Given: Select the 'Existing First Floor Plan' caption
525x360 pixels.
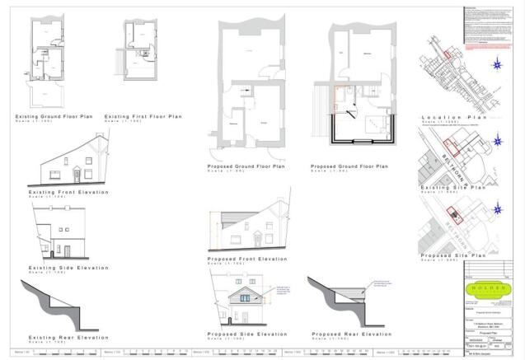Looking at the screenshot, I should (x=143, y=117).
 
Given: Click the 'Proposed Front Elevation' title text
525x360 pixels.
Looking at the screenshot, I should (x=247, y=259).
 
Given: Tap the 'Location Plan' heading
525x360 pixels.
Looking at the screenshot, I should (x=450, y=118).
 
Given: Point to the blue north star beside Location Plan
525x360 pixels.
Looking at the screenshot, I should (x=497, y=66).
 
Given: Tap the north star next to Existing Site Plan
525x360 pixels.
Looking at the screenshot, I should (x=497, y=141).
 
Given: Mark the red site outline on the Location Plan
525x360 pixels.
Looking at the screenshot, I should (x=447, y=54).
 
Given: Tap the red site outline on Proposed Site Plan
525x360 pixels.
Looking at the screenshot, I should (x=452, y=216).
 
